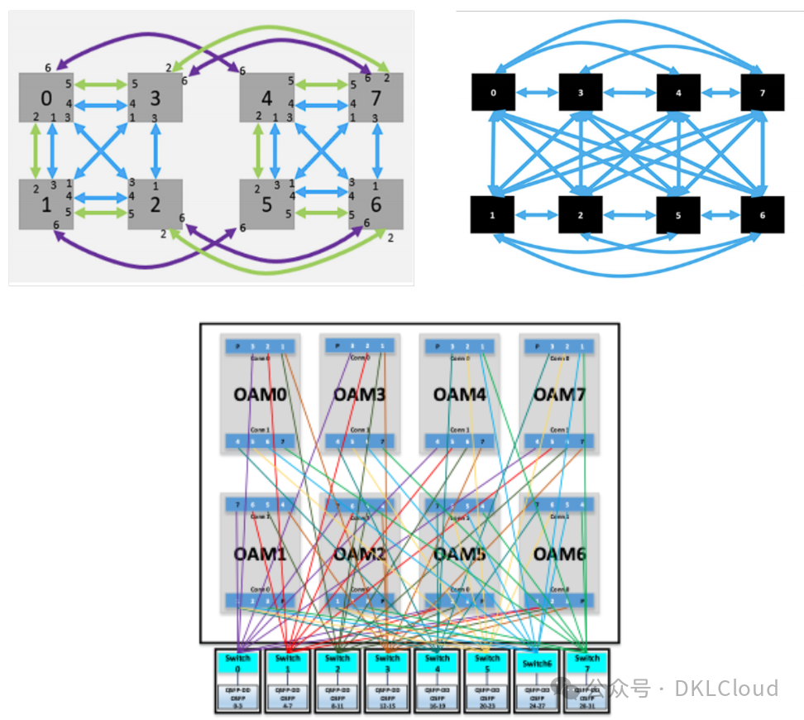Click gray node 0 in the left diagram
pyautogui.click(x=46, y=98)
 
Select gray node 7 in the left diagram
pyautogui.click(x=376, y=98)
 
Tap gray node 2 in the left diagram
pyautogui.click(x=156, y=204)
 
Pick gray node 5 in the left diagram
pyautogui.click(x=266, y=204)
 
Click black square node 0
pyautogui.click(x=493, y=93)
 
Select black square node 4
pyautogui.click(x=678, y=93)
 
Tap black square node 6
pyautogui.click(x=762, y=215)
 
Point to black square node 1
pyautogui.click(x=493, y=215)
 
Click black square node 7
pyautogui.click(x=762, y=93)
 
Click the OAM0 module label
pyautogui.click(x=260, y=394)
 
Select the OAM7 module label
pyautogui.click(x=559, y=394)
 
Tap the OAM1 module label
pyautogui.click(x=260, y=554)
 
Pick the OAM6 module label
pyautogui.click(x=559, y=554)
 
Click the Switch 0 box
pyautogui.click(x=237, y=664)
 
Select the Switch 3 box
pyautogui.click(x=387, y=664)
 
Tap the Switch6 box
pyautogui.click(x=536, y=664)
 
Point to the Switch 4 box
pyautogui.click(x=437, y=664)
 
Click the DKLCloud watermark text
pyautogui.click(x=726, y=689)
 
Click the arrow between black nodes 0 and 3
pyautogui.click(x=537, y=93)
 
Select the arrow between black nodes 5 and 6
pyautogui.click(x=720, y=215)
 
